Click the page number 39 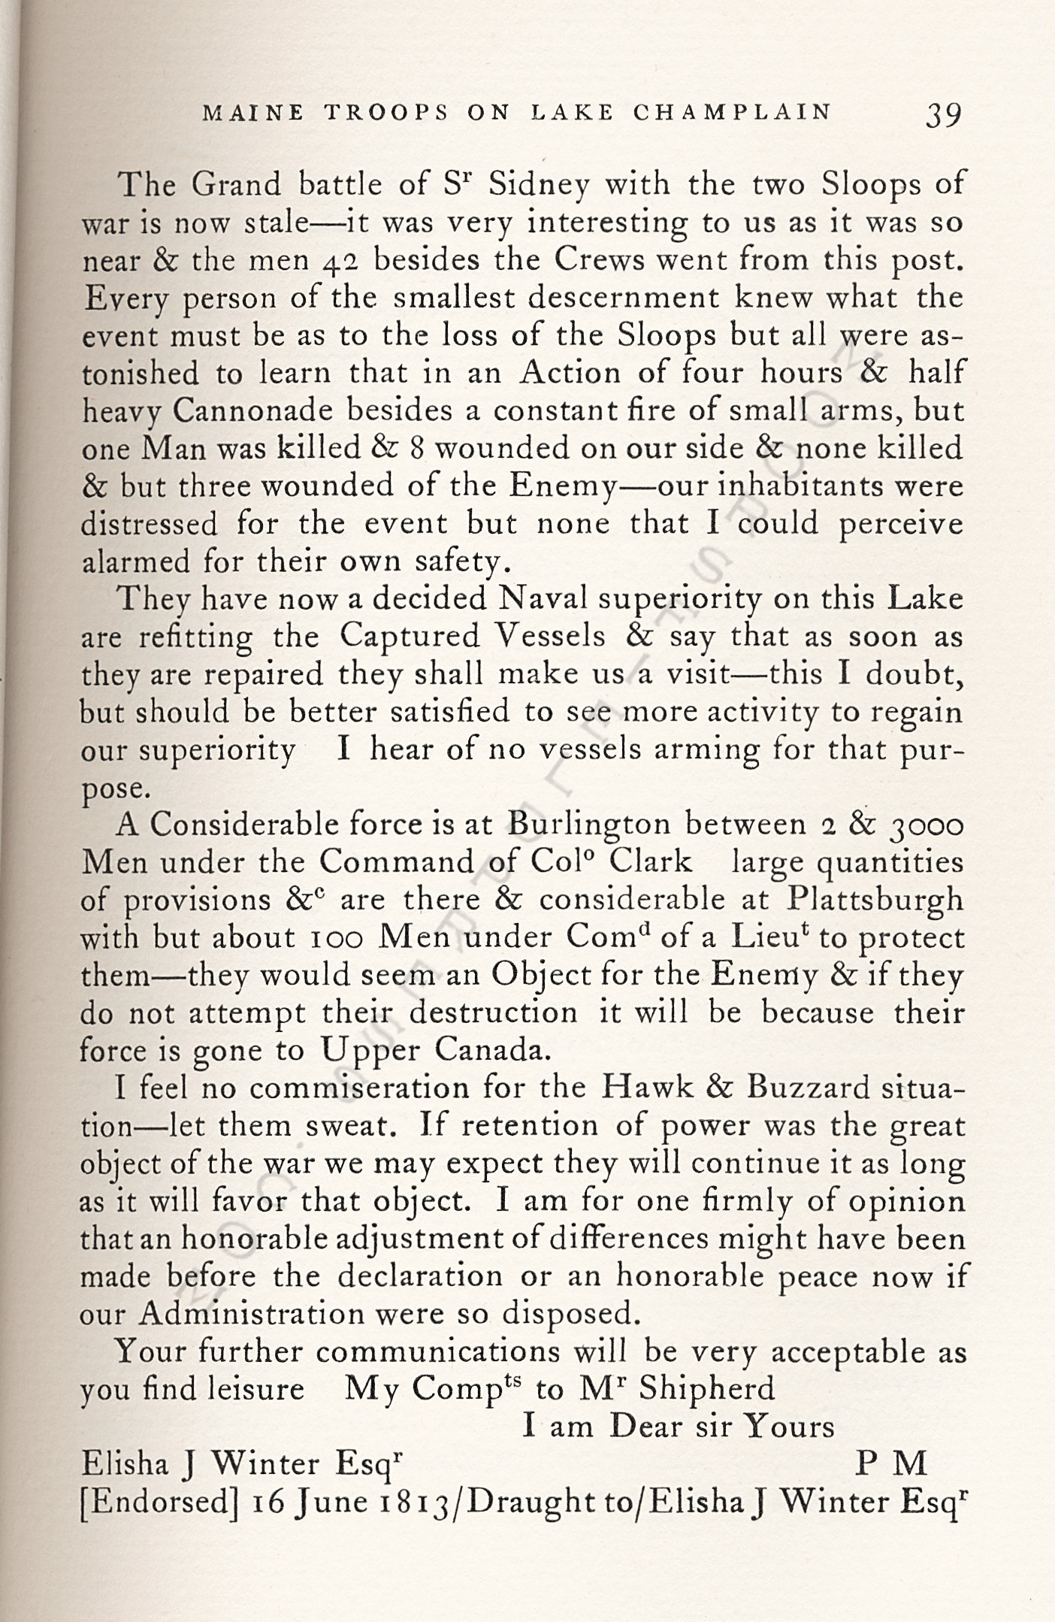click(x=943, y=115)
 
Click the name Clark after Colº click(x=650, y=861)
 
